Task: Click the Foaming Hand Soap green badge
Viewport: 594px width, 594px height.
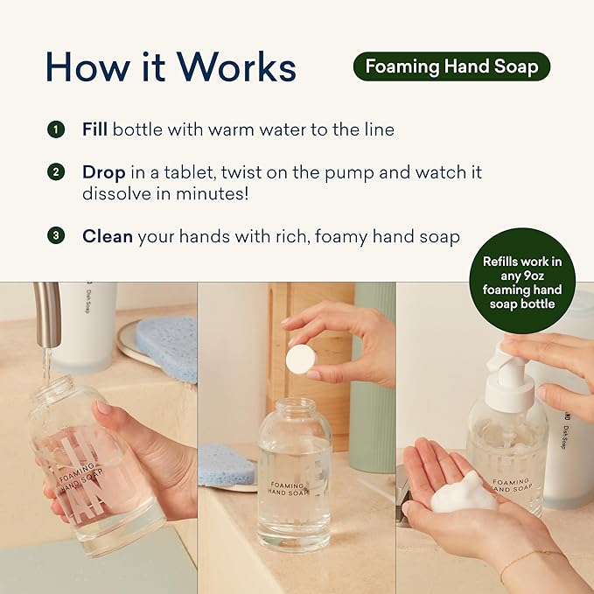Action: coord(451,66)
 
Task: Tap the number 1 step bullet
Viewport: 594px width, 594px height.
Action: coord(56,129)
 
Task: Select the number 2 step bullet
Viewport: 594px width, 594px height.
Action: coord(56,172)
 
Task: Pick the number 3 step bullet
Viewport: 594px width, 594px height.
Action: coord(56,235)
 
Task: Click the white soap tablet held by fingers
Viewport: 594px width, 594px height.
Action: coord(301,359)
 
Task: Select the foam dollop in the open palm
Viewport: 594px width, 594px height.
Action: coord(461,493)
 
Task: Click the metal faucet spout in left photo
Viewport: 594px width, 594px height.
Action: coord(48,315)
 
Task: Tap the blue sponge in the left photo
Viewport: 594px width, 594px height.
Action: coord(166,346)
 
